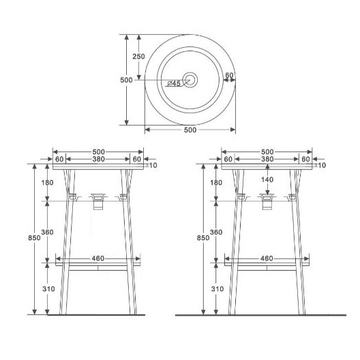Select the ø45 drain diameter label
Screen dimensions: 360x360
coord(174,83)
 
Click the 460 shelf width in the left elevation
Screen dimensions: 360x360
coord(98,258)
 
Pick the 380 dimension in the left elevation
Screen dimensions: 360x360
coord(98,159)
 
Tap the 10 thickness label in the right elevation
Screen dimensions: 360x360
coord(322,165)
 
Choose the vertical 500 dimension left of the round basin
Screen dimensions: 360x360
coord(126,80)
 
